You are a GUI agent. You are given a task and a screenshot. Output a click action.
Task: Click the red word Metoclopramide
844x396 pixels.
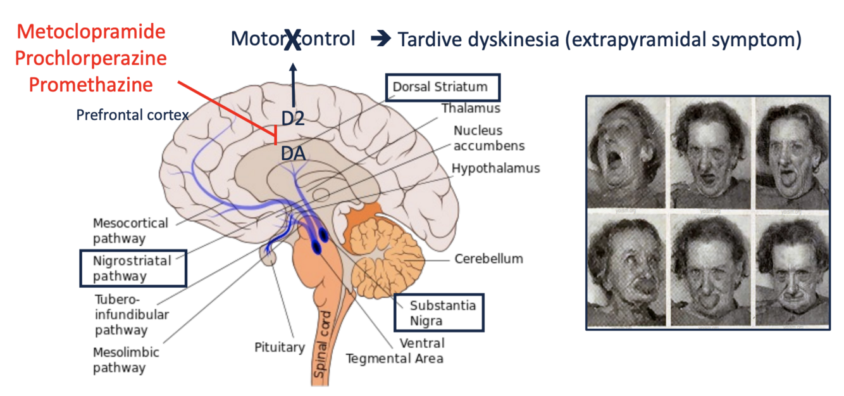[x=90, y=31]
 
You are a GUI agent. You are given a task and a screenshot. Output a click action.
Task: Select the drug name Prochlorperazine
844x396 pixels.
[x=90, y=58]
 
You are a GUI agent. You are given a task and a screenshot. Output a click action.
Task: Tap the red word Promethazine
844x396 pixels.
[x=84, y=84]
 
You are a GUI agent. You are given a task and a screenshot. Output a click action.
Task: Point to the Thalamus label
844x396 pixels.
[x=471, y=108]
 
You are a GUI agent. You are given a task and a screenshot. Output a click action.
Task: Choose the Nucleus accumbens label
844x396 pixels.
[x=488, y=138]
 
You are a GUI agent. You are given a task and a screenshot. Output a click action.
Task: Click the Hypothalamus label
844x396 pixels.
[x=495, y=169]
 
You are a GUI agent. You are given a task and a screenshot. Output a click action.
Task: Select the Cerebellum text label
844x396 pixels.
[x=488, y=259]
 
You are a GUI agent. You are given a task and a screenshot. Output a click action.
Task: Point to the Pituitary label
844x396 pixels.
[x=280, y=347]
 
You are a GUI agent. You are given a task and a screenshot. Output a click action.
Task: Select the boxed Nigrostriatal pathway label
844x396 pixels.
[x=132, y=268]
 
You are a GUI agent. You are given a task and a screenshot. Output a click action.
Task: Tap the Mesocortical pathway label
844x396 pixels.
[x=130, y=231]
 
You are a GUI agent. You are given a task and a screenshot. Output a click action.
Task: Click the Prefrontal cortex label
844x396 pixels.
[x=132, y=115]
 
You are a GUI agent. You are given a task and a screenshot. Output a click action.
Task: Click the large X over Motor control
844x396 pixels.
[x=292, y=40]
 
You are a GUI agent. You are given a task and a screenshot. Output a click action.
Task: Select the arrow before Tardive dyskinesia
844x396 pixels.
[x=380, y=40]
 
